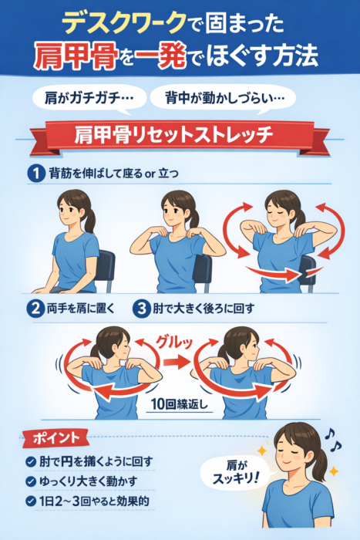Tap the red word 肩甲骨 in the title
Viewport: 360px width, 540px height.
tap(76, 58)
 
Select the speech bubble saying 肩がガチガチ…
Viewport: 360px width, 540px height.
tap(89, 99)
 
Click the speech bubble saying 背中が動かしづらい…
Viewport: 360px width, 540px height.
tap(224, 99)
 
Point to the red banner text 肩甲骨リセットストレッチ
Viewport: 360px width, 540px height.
tap(173, 135)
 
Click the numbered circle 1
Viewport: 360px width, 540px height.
tap(36, 173)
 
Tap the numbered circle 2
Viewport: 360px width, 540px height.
tap(36, 309)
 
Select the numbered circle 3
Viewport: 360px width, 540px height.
tap(142, 309)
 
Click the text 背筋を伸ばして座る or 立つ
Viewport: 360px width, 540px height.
tap(114, 173)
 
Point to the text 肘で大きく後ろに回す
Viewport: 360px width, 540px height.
tap(204, 309)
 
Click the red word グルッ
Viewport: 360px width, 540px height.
tap(174, 341)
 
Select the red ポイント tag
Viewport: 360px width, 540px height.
tap(56, 438)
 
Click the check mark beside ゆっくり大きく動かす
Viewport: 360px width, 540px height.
tap(31, 481)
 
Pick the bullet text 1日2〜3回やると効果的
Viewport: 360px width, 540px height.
tap(94, 501)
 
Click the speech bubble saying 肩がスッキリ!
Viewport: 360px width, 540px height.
tap(235, 473)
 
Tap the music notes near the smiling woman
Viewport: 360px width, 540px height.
tap(333, 440)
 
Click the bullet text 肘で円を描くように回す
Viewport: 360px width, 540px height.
tap(96, 461)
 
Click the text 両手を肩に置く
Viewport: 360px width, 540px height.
tap(80, 309)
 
